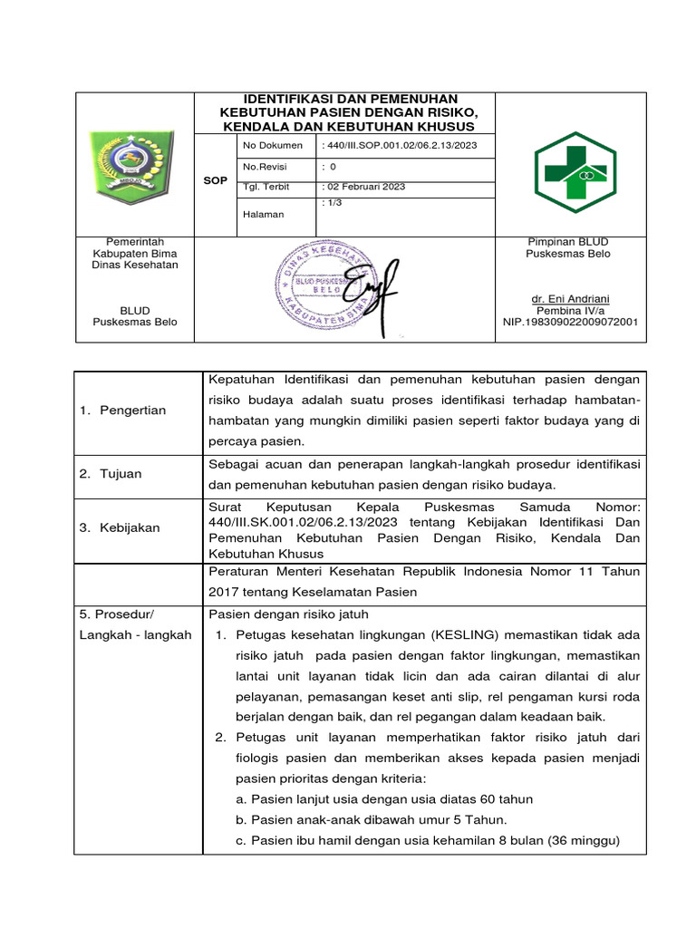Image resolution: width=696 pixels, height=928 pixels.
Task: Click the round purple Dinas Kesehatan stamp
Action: pyautogui.click(x=318, y=287)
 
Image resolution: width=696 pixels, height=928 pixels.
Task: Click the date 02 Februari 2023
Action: pyautogui.click(x=363, y=187)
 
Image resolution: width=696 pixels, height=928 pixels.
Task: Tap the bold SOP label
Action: pyautogui.click(x=215, y=181)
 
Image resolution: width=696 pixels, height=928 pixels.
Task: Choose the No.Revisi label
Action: pyautogui.click(x=263, y=167)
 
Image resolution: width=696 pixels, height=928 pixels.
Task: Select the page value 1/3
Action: pyautogui.click(x=332, y=204)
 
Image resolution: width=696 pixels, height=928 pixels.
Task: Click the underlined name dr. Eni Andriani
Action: pyautogui.click(x=570, y=298)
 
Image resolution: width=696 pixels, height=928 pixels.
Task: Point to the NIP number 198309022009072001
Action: pyautogui.click(x=570, y=322)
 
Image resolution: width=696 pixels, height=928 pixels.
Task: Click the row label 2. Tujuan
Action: pyautogui.click(x=110, y=474)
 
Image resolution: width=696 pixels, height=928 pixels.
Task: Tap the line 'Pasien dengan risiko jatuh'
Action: pyautogui.click(x=288, y=614)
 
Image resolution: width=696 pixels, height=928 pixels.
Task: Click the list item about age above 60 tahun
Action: pyautogui.click(x=383, y=798)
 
